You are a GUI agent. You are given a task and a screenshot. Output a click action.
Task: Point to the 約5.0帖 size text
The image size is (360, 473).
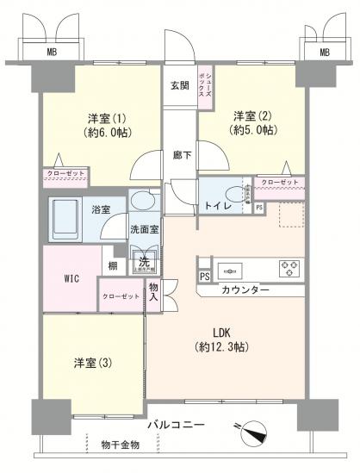[x=254, y=131]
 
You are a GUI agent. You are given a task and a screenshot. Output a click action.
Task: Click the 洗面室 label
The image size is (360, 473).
[x=143, y=230]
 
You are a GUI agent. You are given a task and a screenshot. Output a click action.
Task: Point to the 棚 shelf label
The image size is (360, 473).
[x=113, y=267]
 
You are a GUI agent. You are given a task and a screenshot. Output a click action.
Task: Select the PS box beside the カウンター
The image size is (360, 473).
[x=204, y=277]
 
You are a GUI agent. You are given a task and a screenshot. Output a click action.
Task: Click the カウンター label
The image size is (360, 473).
[x=245, y=290]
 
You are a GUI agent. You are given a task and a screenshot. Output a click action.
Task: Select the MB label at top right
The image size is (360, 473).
[x=325, y=53]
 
